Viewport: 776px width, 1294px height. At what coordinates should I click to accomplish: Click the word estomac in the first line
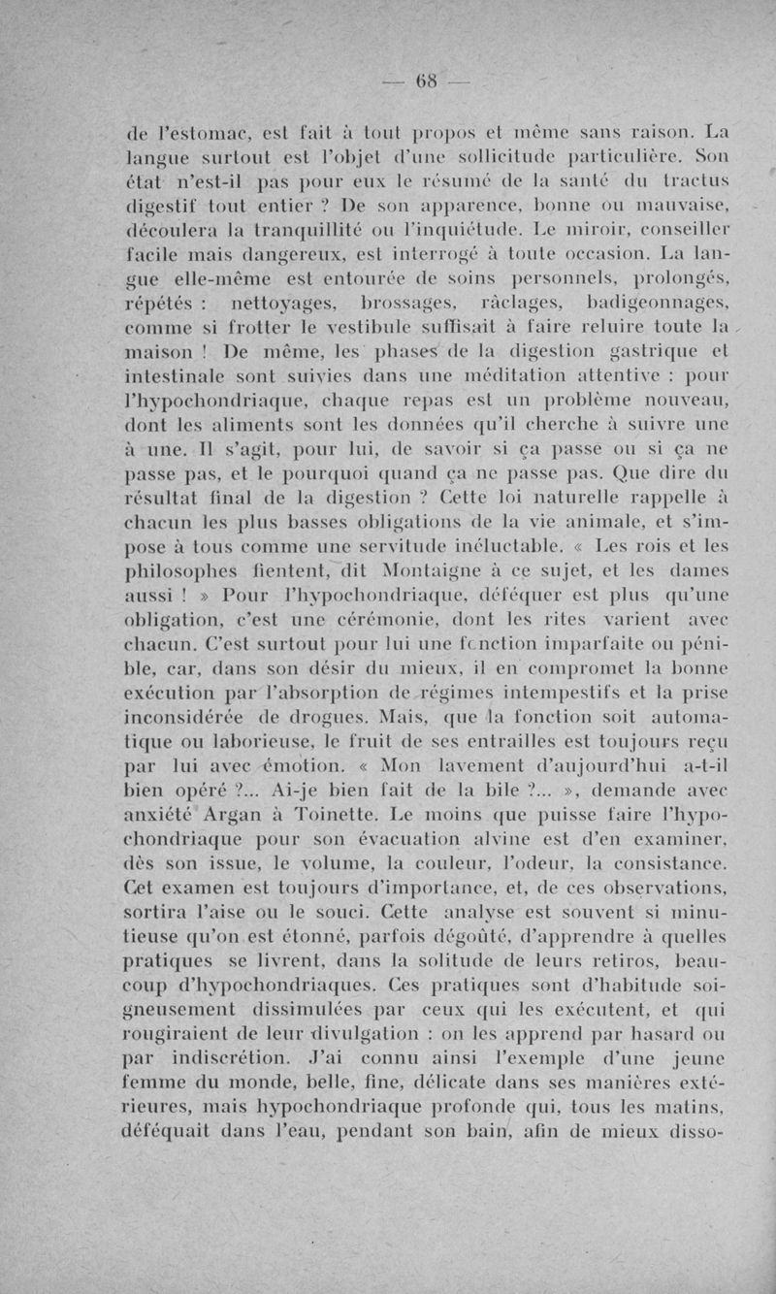196,131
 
